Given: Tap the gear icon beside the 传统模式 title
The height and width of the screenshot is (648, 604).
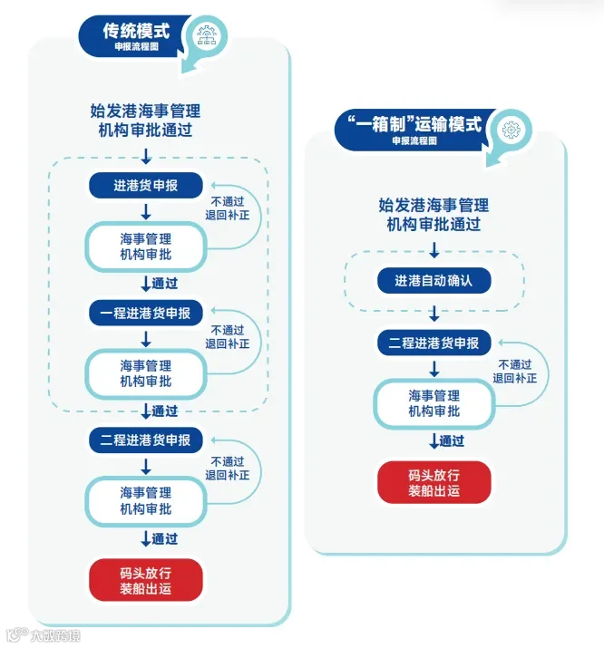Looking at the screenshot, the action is [x=206, y=35].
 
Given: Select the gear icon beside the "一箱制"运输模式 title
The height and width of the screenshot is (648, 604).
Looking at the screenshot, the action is [x=511, y=130].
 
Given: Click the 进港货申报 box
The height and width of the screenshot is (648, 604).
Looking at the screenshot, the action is [x=145, y=185].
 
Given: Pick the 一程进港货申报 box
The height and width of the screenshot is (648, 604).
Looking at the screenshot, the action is [x=145, y=313].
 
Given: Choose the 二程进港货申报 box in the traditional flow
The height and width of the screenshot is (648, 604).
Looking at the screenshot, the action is [x=145, y=440].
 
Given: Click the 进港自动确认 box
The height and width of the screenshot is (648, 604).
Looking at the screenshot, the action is [x=434, y=281].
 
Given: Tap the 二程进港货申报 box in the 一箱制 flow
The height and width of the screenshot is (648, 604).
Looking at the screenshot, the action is [x=434, y=343].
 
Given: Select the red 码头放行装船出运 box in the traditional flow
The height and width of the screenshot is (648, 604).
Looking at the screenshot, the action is [x=145, y=580].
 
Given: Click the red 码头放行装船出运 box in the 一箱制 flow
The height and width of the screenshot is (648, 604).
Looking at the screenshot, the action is [x=434, y=482].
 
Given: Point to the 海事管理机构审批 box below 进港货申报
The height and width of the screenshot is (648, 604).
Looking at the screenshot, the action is [x=145, y=247].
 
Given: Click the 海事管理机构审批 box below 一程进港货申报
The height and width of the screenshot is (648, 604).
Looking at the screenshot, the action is [x=145, y=374].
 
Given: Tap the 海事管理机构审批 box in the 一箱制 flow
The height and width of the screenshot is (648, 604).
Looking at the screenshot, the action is [x=434, y=403].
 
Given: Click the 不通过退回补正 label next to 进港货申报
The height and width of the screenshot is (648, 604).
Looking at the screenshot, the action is [x=228, y=208].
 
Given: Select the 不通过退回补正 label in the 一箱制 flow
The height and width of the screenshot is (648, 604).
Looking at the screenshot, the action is [x=515, y=372].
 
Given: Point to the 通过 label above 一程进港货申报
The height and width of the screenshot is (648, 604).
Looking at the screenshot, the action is [x=164, y=284].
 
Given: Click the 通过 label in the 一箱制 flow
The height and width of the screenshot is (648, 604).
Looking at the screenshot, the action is [x=452, y=441].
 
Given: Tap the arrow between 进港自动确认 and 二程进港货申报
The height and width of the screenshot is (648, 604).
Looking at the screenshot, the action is [x=434, y=314].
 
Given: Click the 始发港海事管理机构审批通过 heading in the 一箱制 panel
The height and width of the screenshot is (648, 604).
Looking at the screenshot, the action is [x=434, y=215].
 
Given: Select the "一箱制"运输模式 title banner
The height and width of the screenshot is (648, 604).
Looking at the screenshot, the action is [x=414, y=131].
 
